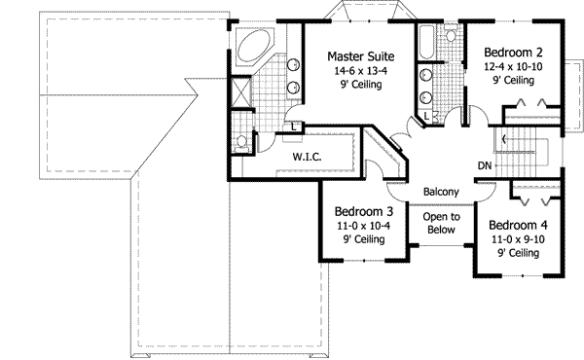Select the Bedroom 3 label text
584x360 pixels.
click(x=363, y=212)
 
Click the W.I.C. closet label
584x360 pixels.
click(x=307, y=157)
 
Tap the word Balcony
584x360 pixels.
click(x=441, y=193)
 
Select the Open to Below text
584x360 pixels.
click(x=441, y=225)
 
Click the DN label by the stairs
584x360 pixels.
click(x=484, y=165)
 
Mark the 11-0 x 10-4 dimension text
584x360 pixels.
click(x=363, y=226)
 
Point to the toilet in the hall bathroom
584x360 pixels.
click(x=451, y=36)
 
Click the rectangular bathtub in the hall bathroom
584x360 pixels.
click(x=426, y=45)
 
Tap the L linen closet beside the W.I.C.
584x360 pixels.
click(x=294, y=124)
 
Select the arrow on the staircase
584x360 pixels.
click(x=504, y=139)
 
